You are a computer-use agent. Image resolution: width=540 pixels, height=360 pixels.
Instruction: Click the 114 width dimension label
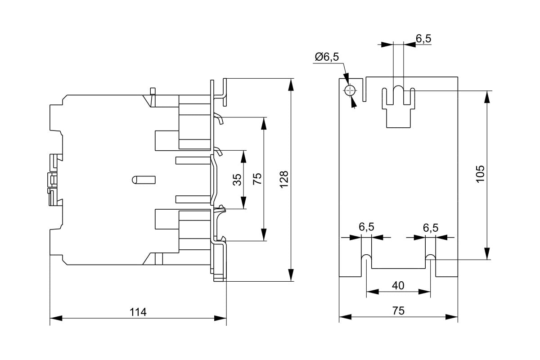[x=138, y=312]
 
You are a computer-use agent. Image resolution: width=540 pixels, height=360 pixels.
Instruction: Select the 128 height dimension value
[x=284, y=180]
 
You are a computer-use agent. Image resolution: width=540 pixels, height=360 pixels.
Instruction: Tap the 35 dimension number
[x=237, y=180]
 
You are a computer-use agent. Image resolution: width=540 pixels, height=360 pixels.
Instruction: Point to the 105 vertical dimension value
[x=480, y=174]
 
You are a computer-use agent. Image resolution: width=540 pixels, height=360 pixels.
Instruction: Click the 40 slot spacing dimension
[x=398, y=285]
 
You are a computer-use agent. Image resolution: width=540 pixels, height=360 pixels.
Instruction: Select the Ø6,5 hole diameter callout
[x=327, y=57]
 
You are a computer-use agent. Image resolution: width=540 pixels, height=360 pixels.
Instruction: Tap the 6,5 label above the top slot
[x=423, y=39]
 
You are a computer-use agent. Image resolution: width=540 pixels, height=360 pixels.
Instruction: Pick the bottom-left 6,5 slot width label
[x=366, y=228]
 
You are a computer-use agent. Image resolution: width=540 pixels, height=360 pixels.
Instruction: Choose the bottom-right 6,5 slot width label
[x=430, y=228]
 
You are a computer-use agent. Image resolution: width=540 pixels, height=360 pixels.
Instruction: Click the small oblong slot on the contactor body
[x=144, y=180]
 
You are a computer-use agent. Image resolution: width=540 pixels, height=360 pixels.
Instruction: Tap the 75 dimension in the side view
[x=257, y=179]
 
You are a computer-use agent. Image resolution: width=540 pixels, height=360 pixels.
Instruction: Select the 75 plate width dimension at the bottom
[x=398, y=311]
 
